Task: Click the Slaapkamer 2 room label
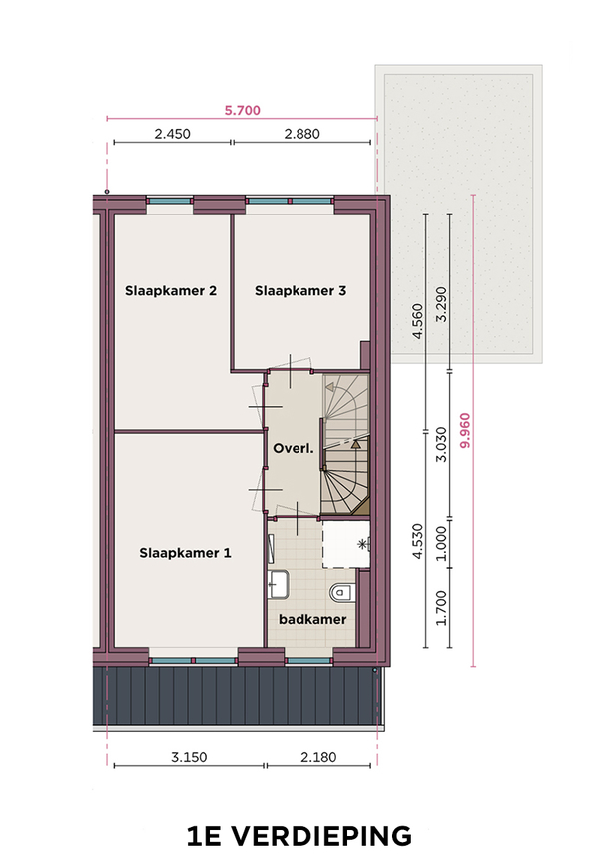point(170,290)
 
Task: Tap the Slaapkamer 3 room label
point(300,290)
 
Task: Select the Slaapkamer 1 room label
point(185,553)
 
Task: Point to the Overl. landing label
point(294,448)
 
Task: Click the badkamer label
point(312,620)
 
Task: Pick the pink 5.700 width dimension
point(243,110)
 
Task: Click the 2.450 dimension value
point(172,134)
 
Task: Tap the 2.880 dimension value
point(301,134)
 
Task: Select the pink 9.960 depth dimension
point(465,431)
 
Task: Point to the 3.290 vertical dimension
point(442,305)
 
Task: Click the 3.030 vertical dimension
point(442,444)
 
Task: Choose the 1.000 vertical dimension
point(442,544)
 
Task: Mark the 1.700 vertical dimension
point(442,608)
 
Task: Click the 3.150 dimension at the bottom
point(189,757)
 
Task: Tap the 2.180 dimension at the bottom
point(318,757)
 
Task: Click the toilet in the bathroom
point(342,592)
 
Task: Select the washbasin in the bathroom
point(279,584)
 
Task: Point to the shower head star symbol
point(362,544)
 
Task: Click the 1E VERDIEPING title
point(299,836)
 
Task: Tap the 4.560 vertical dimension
point(418,321)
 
